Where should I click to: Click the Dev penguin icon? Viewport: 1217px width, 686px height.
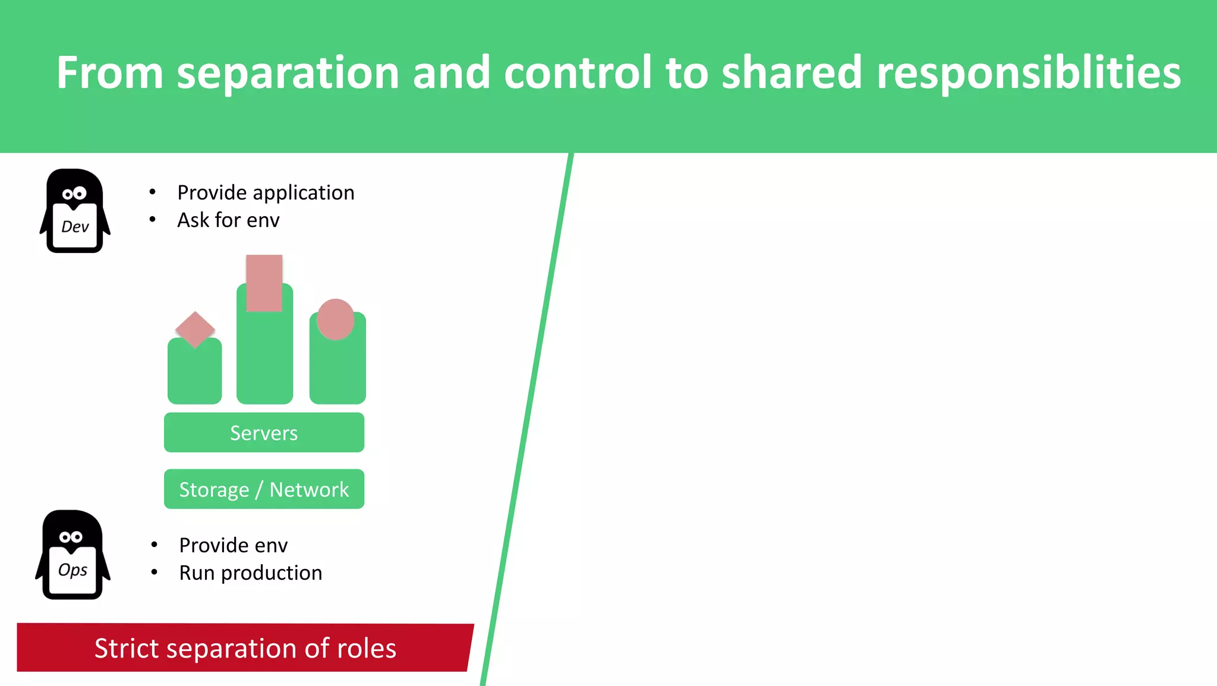pyautogui.click(x=75, y=211)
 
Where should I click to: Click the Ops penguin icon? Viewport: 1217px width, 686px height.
pyautogui.click(x=72, y=555)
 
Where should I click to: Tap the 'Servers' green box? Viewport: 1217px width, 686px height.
pyautogui.click(x=264, y=432)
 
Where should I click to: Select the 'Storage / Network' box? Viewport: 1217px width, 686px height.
pyautogui.click(x=264, y=489)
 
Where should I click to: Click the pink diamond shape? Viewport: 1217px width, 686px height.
pyautogui.click(x=195, y=329)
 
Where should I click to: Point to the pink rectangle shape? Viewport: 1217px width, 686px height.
pyautogui.click(x=264, y=283)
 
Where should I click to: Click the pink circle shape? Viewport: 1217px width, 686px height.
pyautogui.click(x=335, y=319)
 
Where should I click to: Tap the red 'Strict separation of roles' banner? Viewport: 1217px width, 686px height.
pyautogui.click(x=245, y=647)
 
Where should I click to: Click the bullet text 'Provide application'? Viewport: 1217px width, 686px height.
pyautogui.click(x=266, y=192)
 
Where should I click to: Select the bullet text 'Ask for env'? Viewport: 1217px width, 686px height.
pyautogui.click(x=228, y=220)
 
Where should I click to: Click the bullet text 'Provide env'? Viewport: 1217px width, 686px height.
pyautogui.click(x=233, y=545)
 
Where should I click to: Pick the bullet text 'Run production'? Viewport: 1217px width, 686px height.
pyautogui.click(x=250, y=573)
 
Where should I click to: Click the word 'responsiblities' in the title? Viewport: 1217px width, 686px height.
pyautogui.click(x=1028, y=72)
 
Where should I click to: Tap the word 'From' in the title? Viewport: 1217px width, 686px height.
pyautogui.click(x=109, y=72)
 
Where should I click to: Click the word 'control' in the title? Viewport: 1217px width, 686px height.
pyautogui.click(x=578, y=72)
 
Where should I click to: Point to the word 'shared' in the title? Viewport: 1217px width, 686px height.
pyautogui.click(x=791, y=72)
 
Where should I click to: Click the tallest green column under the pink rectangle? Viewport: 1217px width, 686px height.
pyautogui.click(x=264, y=359)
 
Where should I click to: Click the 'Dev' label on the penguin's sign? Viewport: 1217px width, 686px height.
pyautogui.click(x=75, y=226)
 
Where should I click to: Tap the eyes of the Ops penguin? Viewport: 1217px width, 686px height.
pyautogui.click(x=71, y=537)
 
